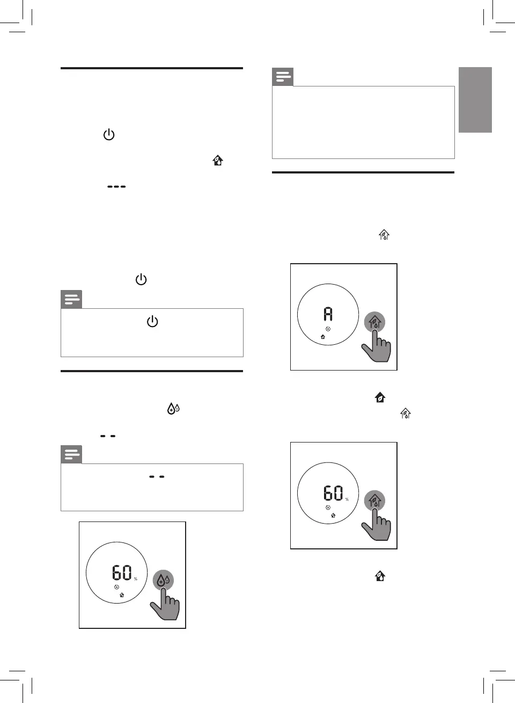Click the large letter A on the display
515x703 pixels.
(328, 314)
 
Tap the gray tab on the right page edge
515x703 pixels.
(475, 100)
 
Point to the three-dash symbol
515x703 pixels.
(116, 187)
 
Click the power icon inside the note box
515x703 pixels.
(152, 322)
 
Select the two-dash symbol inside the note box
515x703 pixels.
(157, 476)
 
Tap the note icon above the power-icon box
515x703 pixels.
(71, 300)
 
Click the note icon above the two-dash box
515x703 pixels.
(71, 454)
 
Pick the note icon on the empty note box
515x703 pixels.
(283, 77)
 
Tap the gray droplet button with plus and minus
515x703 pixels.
(163, 580)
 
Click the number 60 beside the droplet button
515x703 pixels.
(122, 572)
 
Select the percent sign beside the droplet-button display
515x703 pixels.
(136, 579)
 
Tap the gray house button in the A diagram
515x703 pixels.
(375, 322)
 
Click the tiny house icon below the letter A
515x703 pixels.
(322, 337)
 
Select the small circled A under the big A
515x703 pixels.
(328, 329)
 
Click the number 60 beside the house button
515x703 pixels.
(333, 493)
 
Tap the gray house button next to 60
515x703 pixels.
(374, 501)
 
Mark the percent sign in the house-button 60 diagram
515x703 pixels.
(347, 499)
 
